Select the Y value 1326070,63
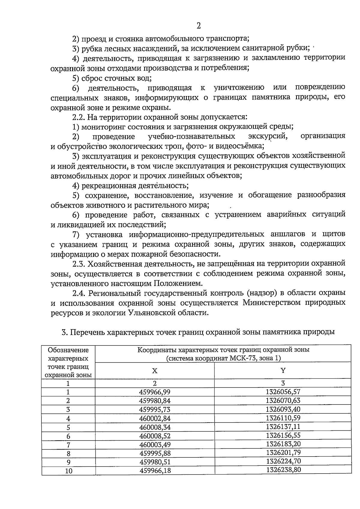[283, 400]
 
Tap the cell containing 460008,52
[155, 435]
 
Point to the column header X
[154, 371]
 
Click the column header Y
[283, 370]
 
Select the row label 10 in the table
[69, 471]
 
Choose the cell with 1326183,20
[283, 444]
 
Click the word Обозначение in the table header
[68, 350]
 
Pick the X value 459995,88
[155, 453]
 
